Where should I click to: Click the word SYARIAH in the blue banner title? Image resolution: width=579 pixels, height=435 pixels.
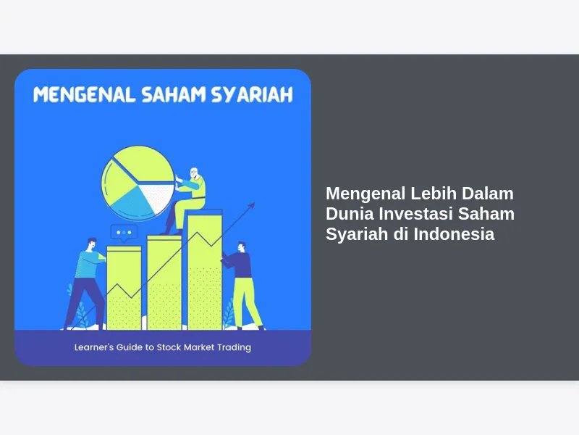click(252, 95)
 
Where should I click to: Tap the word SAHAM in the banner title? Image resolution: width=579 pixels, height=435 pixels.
click(174, 95)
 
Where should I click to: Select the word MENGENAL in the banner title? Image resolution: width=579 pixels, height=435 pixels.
click(84, 95)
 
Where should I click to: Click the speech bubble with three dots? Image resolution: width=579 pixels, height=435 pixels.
click(124, 233)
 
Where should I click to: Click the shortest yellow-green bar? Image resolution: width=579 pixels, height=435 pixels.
click(124, 288)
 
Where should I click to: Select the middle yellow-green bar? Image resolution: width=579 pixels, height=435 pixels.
click(164, 283)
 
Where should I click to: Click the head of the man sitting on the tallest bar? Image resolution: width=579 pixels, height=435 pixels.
click(194, 173)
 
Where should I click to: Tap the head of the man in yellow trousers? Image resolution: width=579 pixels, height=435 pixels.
click(242, 246)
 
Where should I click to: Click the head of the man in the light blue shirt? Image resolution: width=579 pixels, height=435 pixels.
click(92, 244)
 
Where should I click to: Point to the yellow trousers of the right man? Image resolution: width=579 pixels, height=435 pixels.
click(246, 302)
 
